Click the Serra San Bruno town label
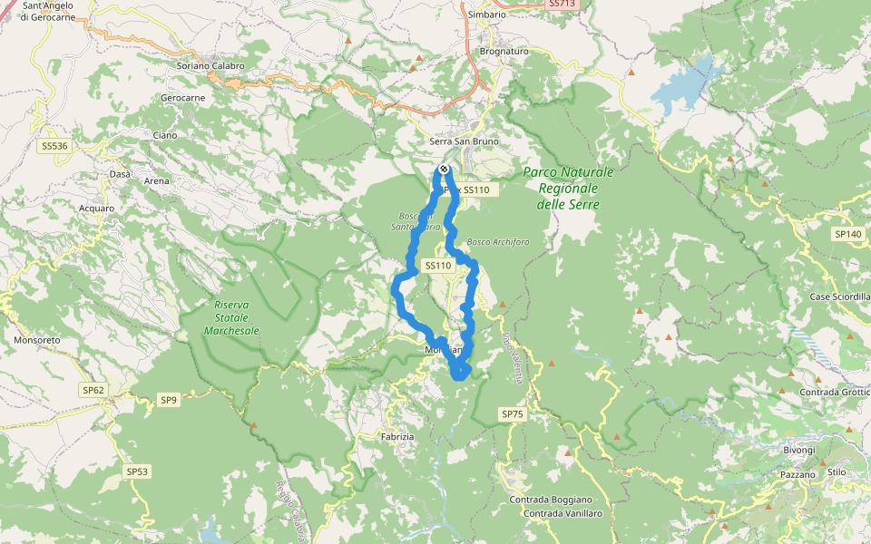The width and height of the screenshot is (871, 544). click(464, 142)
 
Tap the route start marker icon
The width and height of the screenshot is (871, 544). click(444, 170)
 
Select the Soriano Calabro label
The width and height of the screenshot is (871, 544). click(211, 65)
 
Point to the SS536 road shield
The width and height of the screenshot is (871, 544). click(54, 145)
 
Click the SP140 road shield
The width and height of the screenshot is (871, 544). click(847, 234)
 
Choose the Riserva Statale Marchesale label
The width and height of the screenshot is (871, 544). click(231, 318)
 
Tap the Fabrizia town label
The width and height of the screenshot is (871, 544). click(396, 436)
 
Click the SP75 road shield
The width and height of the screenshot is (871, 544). click(513, 413)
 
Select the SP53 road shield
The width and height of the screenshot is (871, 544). click(137, 471)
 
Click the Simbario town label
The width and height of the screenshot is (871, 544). click(487, 15)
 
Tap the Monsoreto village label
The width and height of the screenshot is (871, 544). click(36, 340)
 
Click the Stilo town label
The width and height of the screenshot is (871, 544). click(837, 472)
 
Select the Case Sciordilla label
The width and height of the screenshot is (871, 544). click(840, 296)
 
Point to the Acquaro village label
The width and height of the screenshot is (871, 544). click(96, 208)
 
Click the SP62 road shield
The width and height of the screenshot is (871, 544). click(93, 391)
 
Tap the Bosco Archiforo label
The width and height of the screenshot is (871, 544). click(497, 242)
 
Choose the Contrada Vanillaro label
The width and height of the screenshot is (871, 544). click(563, 513)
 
